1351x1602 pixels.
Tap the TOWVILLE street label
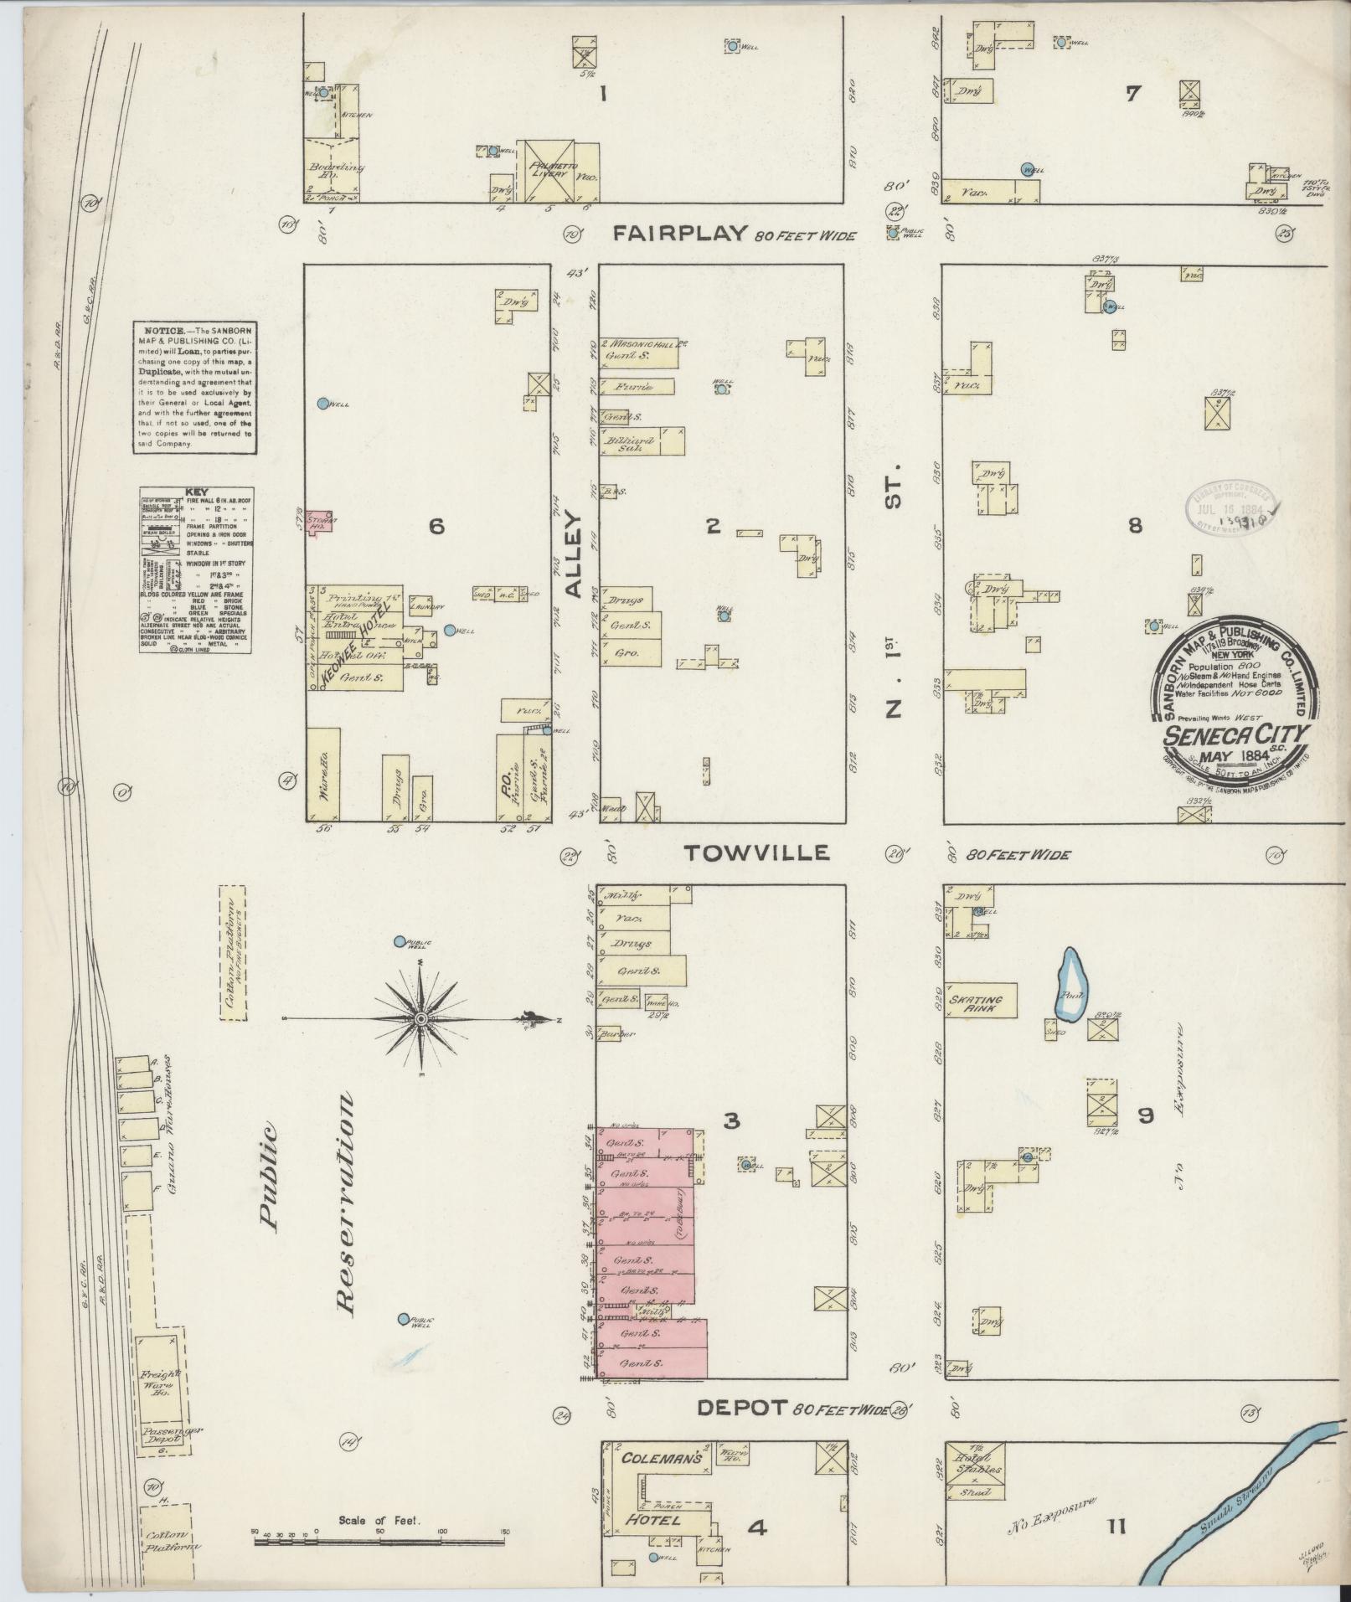(x=756, y=853)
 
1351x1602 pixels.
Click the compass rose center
(x=421, y=1018)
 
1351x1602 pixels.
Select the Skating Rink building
(x=980, y=1000)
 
